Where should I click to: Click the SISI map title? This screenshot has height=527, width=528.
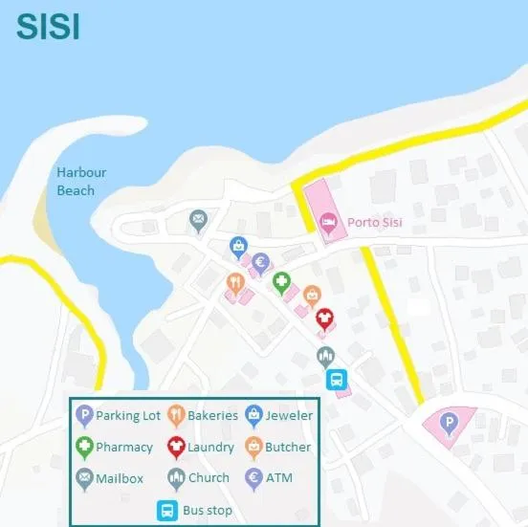coord(47,26)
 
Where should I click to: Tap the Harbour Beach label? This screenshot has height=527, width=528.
coord(81,181)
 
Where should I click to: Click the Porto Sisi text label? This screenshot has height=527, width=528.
coord(374,223)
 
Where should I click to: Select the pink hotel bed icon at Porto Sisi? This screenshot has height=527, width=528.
coord(328,223)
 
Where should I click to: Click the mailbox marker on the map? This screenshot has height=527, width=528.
coord(198,221)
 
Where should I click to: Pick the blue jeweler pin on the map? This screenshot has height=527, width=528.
coord(239,247)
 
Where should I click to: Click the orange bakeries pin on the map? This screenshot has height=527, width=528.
coord(234,282)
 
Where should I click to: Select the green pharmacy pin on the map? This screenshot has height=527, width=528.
coord(281,281)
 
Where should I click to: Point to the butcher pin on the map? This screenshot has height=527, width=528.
coord(311,295)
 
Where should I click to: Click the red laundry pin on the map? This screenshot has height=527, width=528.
coord(324,317)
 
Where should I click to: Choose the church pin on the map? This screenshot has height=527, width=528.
coord(326,357)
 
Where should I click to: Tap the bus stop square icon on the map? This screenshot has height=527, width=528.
coord(338,380)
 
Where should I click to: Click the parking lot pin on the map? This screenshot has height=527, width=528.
coord(448,422)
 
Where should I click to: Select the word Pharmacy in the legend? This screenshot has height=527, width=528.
coord(124,447)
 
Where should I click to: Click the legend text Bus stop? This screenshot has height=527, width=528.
coord(207,511)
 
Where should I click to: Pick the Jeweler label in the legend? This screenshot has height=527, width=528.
coord(289,415)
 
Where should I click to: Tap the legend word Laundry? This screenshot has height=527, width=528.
coord(210,447)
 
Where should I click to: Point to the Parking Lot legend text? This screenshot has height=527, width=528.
coord(128,415)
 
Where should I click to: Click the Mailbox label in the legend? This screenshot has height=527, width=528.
coord(120,478)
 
